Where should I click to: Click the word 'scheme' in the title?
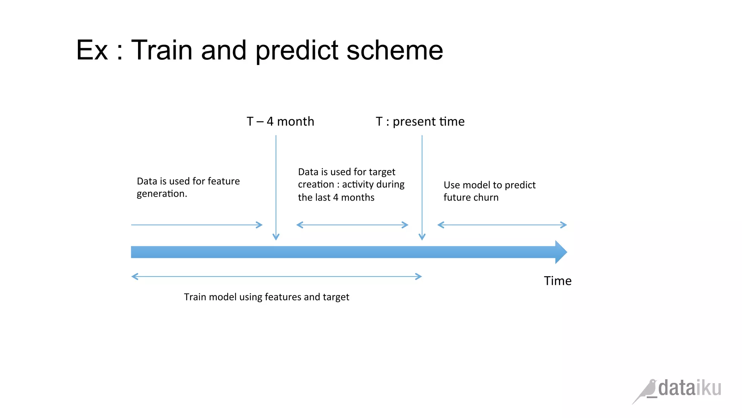coord(395,50)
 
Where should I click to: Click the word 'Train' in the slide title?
coord(161,50)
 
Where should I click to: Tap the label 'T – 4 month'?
coord(280,122)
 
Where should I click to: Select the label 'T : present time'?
coord(420,122)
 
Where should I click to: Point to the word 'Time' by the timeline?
coord(558,281)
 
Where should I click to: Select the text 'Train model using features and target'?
coord(266,297)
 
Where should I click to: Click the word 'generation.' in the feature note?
coord(162,194)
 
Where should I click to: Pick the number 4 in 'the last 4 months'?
coord(335,197)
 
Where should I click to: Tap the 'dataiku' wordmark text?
coord(689,388)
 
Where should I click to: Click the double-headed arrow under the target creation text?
coord(352,225)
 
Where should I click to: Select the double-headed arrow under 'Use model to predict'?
coord(502,225)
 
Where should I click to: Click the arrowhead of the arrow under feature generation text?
coord(259,225)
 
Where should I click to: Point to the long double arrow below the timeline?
coord(276,276)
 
